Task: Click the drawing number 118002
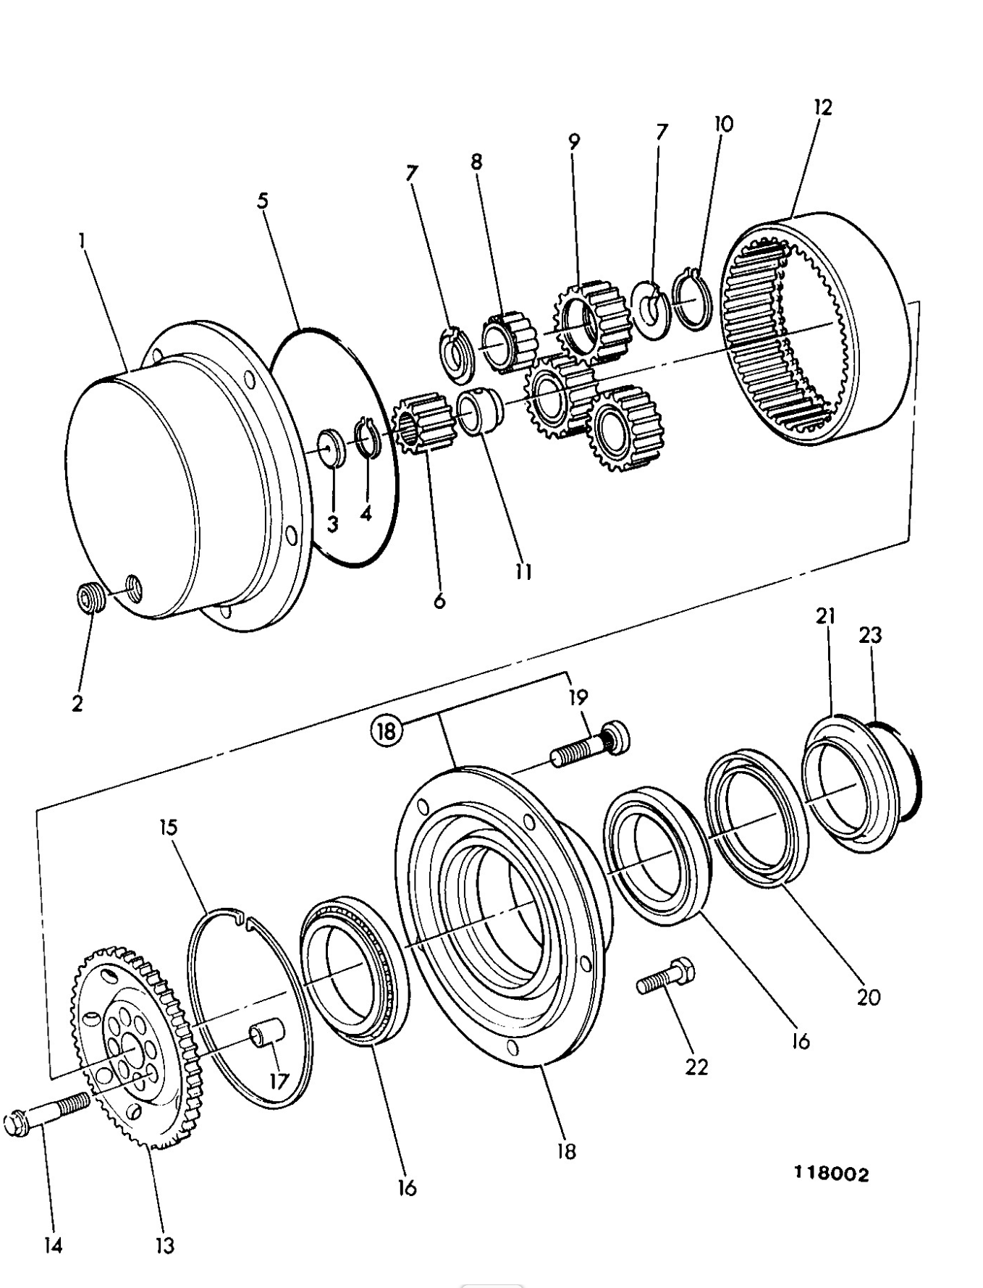coord(832,1174)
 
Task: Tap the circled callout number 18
coord(387,731)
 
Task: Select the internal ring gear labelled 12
coord(814,326)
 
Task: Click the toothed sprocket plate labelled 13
coord(134,1050)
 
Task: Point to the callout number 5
coord(263,201)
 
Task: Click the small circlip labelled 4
coord(368,437)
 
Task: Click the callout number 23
coord(870,635)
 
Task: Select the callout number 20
coord(868,997)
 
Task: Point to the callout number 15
coord(169,827)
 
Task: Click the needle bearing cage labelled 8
coord(505,340)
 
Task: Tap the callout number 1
coord(82,240)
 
